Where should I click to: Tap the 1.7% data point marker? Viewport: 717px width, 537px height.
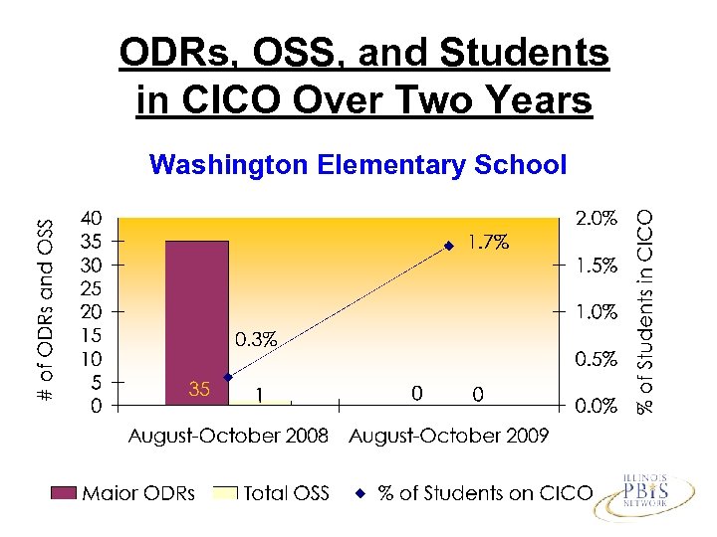[449, 245]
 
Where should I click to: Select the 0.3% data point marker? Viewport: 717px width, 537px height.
[228, 377]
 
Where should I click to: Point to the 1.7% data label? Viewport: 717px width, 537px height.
[490, 241]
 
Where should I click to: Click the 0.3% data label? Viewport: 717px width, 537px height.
[256, 339]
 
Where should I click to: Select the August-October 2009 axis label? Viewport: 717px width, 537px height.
[448, 438]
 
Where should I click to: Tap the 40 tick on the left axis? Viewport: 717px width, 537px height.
[91, 217]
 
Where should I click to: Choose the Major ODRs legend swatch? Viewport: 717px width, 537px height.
[65, 492]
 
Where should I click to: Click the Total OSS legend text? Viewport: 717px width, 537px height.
[287, 492]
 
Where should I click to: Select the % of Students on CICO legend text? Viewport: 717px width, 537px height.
[485, 492]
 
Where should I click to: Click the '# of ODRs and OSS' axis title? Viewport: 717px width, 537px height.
[46, 310]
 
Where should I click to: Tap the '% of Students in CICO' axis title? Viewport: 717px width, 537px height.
[647, 310]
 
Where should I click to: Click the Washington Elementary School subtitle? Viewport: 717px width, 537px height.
[358, 164]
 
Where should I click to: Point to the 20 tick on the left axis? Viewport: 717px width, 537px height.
[91, 311]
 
